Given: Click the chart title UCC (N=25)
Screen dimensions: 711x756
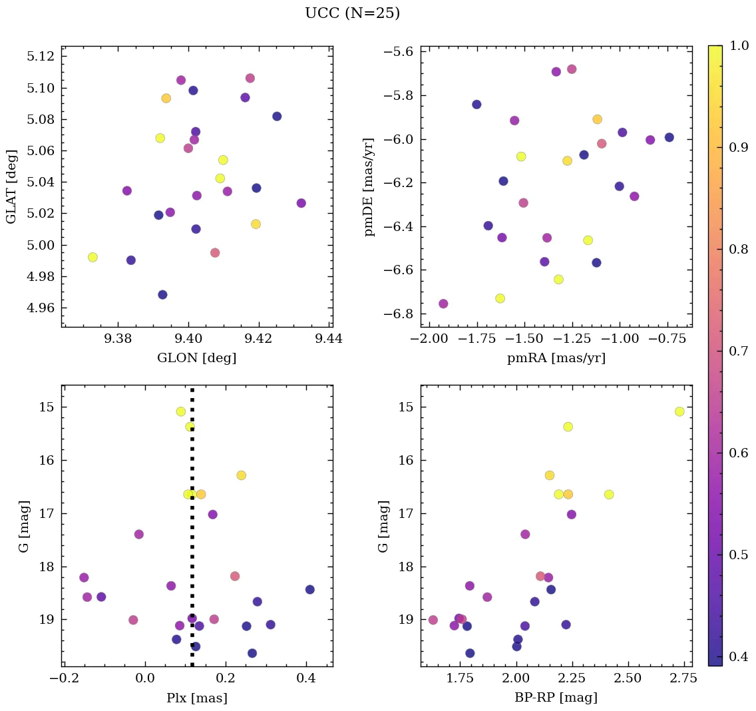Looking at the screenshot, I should (352, 13).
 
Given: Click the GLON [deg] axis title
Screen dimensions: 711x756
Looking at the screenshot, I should (196, 358).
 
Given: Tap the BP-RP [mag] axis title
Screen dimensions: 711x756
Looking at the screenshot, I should (556, 698).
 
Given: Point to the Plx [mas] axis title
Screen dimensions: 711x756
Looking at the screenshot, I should (196, 698).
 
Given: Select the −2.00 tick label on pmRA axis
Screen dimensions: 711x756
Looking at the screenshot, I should (429, 339).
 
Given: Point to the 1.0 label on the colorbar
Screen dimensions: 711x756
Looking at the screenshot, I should (739, 45).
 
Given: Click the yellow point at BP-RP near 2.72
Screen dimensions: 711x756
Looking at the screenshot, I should (679, 411).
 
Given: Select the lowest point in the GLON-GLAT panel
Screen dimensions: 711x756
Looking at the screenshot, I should (162, 295).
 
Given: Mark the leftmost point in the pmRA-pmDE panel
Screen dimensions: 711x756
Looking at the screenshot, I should (443, 304).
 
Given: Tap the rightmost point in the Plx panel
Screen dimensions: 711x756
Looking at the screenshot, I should (309, 589).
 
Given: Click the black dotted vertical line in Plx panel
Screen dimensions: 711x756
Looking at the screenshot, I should (192, 533).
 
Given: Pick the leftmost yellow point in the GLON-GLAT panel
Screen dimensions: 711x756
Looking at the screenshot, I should (93, 257).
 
